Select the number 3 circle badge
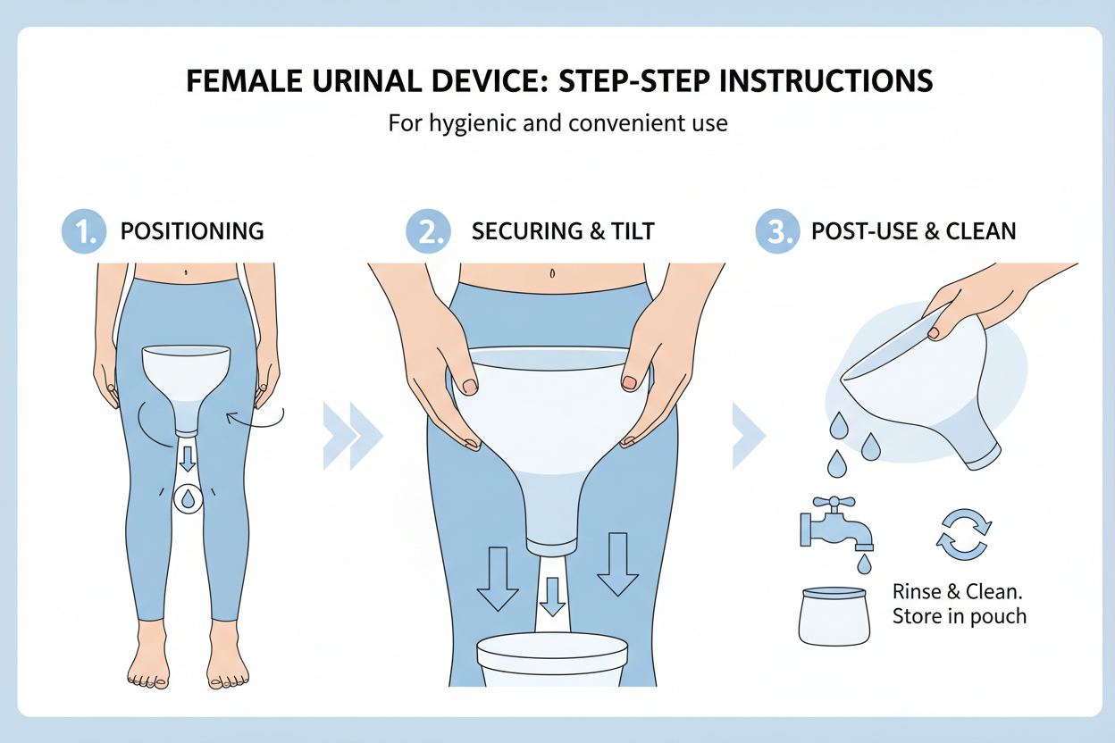click(x=776, y=231)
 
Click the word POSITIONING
click(x=192, y=231)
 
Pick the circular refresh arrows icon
click(x=962, y=534)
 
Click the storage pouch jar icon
click(x=833, y=615)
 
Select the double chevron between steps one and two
click(x=353, y=435)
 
